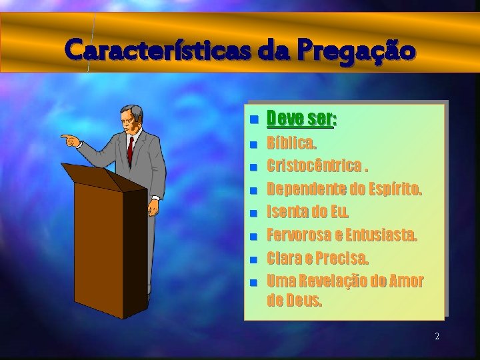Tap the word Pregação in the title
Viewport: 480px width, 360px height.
pyautogui.click(x=356, y=51)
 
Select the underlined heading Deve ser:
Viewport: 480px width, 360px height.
pyautogui.click(x=301, y=119)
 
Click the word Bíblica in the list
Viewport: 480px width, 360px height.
pyautogui.click(x=291, y=143)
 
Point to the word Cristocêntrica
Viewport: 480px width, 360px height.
pyautogui.click(x=315, y=165)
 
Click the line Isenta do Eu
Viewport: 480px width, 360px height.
pyautogui.click(x=307, y=212)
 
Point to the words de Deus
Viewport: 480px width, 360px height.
pyautogui.click(x=294, y=300)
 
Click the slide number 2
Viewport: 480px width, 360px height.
pyautogui.click(x=437, y=337)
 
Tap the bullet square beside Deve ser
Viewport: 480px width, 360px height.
pyautogui.click(x=253, y=121)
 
